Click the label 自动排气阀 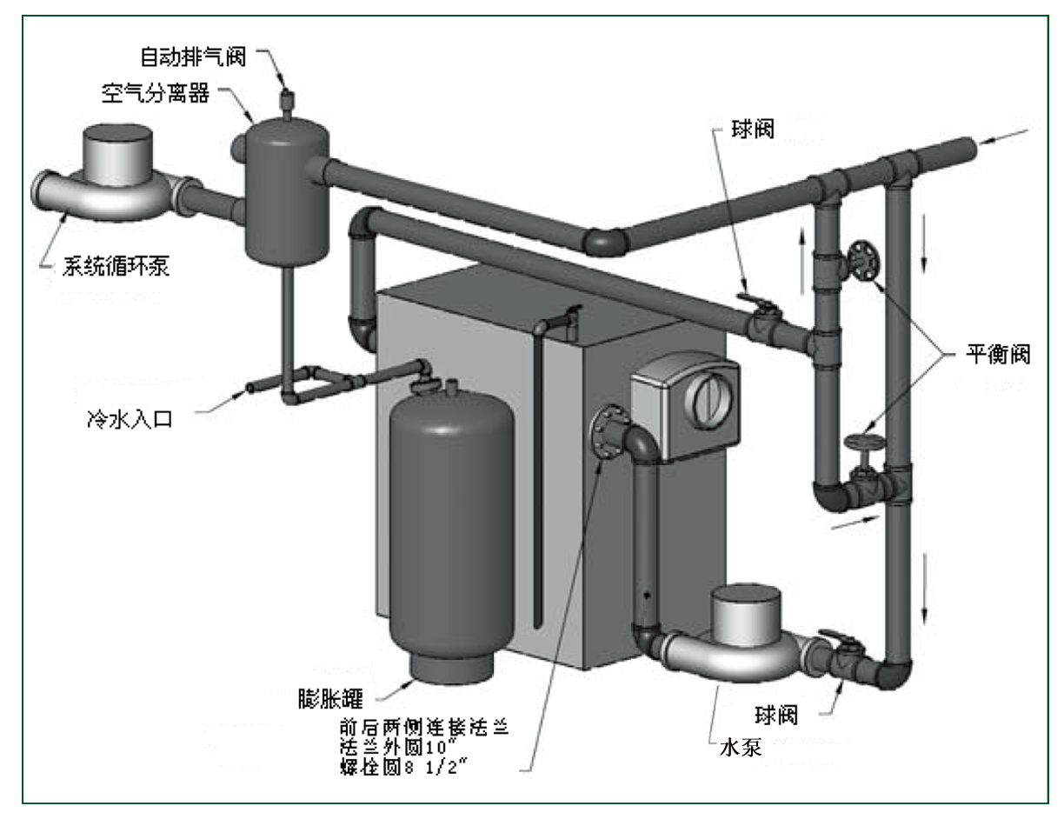tap(194, 57)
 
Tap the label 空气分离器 tap(156, 94)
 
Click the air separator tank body tap(286, 191)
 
